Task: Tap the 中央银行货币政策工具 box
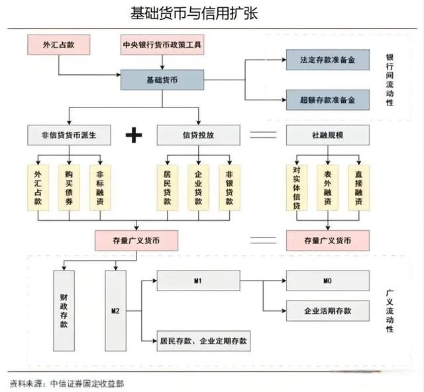tap(163, 45)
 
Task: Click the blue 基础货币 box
tap(162, 80)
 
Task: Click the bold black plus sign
tap(134, 135)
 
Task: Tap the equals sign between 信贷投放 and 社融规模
tap(262, 135)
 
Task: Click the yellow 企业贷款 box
tap(198, 187)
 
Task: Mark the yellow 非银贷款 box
tap(229, 187)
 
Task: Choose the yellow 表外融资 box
tap(327, 187)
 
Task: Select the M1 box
tap(197, 281)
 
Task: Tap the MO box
tap(327, 281)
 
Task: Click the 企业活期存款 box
tap(327, 310)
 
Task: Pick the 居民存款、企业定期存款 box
tap(202, 341)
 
